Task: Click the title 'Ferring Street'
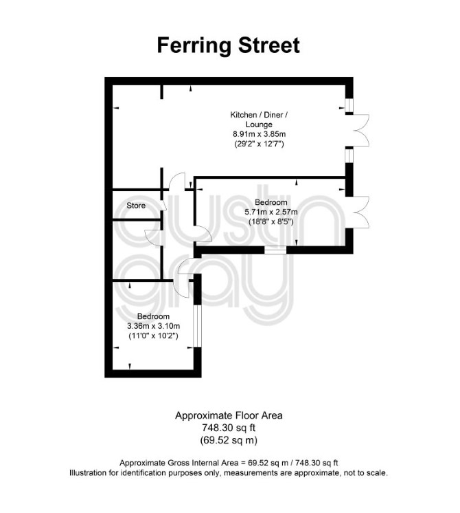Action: click(228, 45)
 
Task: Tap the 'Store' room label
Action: click(136, 206)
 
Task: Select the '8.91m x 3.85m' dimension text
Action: click(259, 134)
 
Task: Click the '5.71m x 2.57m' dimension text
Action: click(271, 212)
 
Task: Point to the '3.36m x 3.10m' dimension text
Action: click(153, 326)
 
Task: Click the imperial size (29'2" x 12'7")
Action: click(259, 144)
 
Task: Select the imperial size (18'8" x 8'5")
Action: click(271, 221)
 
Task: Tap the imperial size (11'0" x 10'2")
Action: click(153, 336)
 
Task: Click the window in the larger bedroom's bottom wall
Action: click(275, 250)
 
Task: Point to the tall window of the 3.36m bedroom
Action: click(197, 326)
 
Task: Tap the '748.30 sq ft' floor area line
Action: click(229, 428)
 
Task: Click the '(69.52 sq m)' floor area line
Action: click(229, 440)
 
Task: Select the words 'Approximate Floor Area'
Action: click(229, 415)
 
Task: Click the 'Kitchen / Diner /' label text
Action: click(259, 115)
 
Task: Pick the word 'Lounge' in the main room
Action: click(259, 124)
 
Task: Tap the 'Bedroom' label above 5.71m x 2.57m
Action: click(271, 202)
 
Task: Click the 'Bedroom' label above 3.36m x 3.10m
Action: click(153, 316)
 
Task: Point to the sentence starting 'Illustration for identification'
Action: click(229, 472)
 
